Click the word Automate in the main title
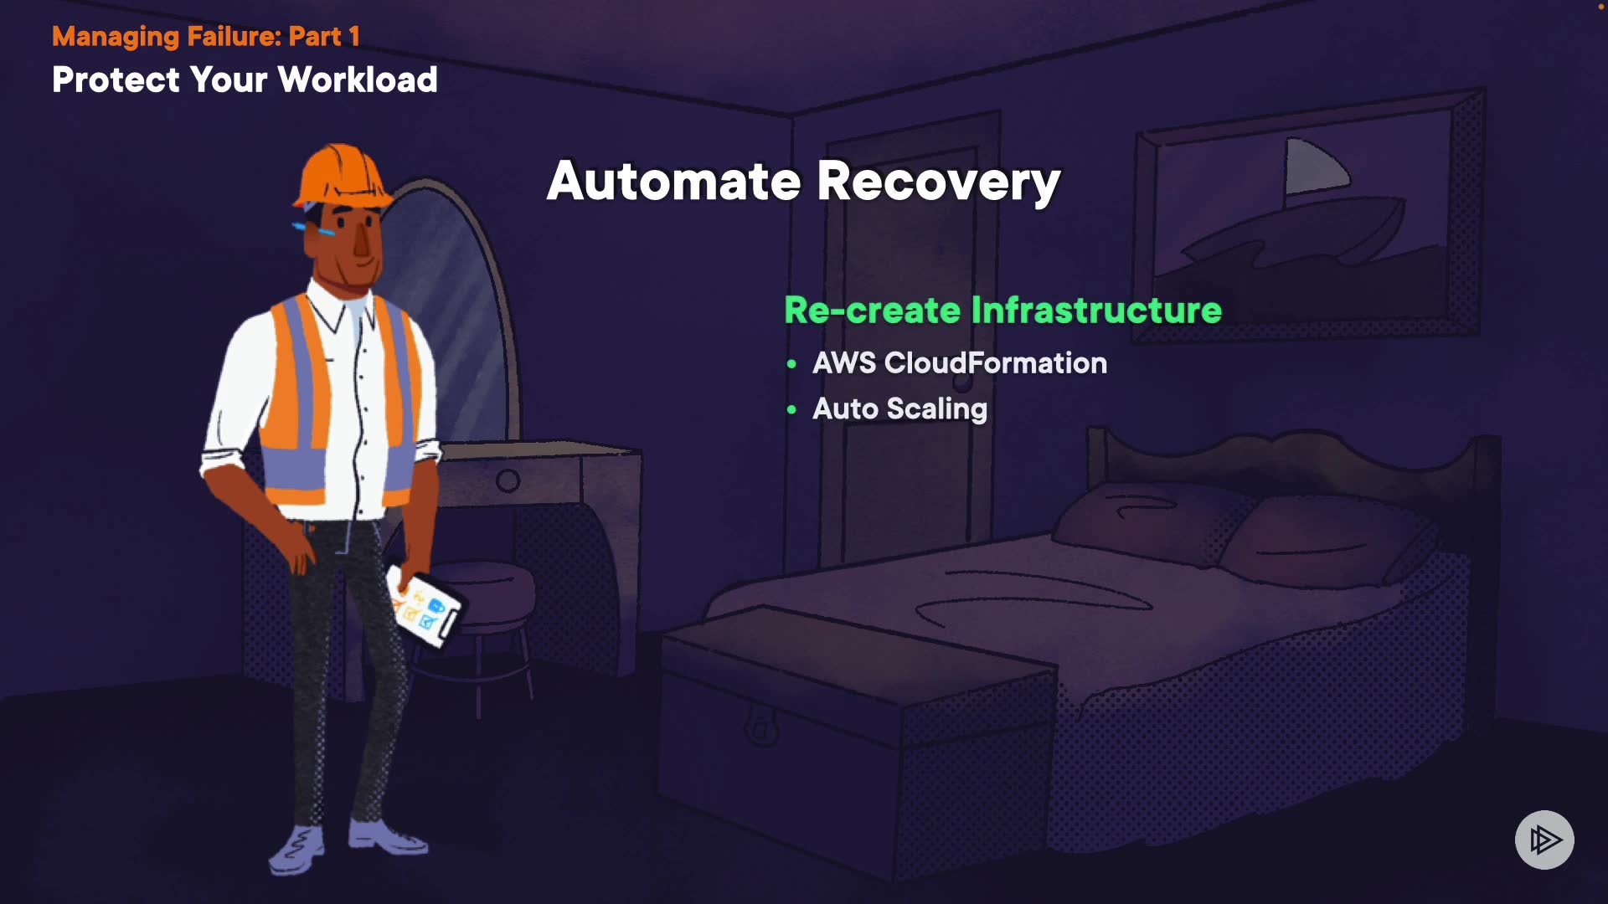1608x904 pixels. click(674, 181)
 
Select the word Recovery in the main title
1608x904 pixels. click(939, 181)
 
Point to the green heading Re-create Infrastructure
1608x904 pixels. click(1002, 311)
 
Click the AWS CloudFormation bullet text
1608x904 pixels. click(960, 363)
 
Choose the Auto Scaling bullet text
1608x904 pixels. click(899, 409)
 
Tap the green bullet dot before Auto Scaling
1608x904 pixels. click(791, 410)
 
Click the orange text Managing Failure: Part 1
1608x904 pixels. click(206, 37)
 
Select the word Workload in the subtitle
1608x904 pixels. click(358, 80)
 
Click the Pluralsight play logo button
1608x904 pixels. click(1544, 840)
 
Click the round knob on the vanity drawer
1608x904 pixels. click(508, 480)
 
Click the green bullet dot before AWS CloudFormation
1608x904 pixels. click(791, 364)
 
